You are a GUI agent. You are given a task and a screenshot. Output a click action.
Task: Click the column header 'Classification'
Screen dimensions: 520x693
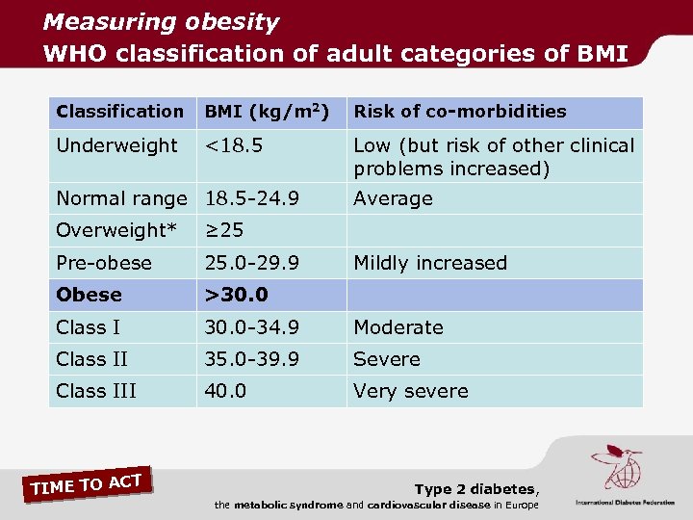point(119,112)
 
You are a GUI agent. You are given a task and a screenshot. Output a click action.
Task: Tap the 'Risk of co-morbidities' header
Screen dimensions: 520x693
point(459,112)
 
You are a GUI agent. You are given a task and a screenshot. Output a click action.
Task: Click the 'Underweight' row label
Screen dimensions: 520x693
point(116,145)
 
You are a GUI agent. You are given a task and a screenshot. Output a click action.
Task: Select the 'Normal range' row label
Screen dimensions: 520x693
point(121,198)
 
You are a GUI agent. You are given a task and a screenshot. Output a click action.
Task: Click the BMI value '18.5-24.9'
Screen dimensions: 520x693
point(251,198)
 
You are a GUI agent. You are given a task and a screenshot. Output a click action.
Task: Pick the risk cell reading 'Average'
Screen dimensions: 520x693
point(393,198)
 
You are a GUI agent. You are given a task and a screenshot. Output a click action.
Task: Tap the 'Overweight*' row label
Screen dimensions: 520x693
point(116,230)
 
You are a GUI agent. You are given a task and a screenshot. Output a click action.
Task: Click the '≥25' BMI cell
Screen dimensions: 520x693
point(223,230)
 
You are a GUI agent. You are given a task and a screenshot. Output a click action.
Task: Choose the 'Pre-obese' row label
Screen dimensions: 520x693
point(104,263)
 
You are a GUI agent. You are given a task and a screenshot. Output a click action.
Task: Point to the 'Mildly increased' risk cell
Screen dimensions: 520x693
point(429,263)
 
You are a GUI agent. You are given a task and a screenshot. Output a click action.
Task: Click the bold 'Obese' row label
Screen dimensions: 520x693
point(89,295)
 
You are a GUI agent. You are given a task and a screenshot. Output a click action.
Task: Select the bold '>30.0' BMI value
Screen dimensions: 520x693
point(235,295)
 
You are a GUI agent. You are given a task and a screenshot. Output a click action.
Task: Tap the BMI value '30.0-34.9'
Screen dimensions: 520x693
point(250,327)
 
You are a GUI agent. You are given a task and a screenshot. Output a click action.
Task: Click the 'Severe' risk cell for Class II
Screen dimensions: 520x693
point(386,359)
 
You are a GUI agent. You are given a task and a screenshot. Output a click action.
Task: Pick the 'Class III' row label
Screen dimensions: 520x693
point(96,391)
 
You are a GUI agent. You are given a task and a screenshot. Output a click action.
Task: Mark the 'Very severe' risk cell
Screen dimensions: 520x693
point(410,391)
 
